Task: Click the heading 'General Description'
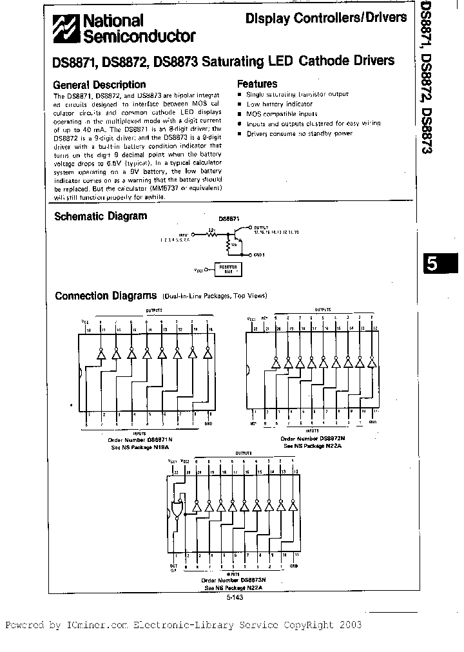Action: click(x=99, y=84)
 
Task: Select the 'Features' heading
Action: click(x=257, y=84)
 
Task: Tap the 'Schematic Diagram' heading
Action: click(x=100, y=216)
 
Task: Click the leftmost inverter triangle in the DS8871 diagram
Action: click(x=101, y=354)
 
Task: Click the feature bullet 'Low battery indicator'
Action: click(x=279, y=104)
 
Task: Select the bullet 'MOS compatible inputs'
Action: click(x=280, y=113)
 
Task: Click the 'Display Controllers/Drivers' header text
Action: click(x=326, y=19)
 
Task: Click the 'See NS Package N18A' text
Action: click(x=141, y=446)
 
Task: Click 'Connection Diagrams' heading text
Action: click(x=105, y=296)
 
